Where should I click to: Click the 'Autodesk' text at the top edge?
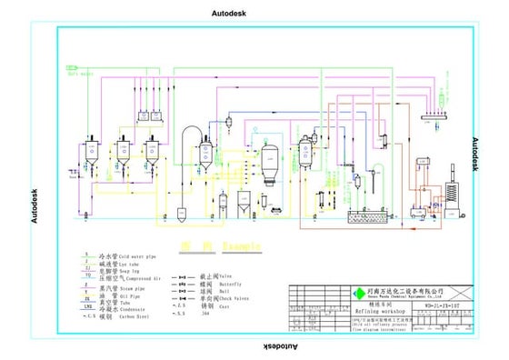click(254, 14)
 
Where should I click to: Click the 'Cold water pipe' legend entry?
click(128, 256)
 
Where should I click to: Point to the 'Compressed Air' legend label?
click(132, 279)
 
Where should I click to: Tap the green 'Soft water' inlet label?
click(82, 75)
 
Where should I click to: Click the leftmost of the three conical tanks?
click(93, 152)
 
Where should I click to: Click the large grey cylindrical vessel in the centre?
click(268, 163)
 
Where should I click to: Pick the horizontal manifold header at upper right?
click(437, 113)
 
